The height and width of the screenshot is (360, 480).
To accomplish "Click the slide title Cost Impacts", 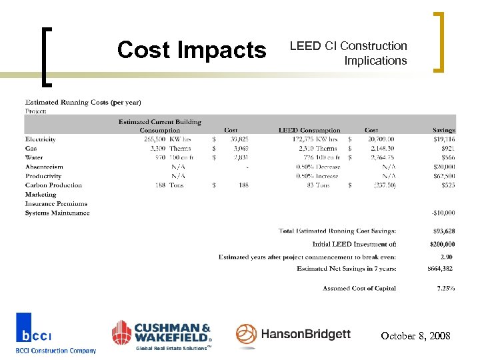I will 191,50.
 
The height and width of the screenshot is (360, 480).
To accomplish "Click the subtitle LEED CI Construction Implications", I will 348,53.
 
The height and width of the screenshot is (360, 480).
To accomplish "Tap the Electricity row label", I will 41,139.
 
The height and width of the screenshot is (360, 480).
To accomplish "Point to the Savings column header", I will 443,130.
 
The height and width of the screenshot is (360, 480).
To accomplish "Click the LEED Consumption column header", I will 309,130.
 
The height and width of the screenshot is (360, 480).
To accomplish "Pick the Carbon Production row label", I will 53,185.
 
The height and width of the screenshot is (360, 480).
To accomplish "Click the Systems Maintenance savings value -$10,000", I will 443,213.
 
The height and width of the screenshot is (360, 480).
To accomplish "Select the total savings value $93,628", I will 443,231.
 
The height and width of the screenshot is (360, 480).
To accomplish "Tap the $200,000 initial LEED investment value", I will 442,244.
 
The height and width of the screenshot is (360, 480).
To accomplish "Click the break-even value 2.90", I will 447,257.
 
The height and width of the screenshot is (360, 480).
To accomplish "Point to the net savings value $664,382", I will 441,269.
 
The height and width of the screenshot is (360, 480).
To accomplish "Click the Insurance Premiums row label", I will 56,203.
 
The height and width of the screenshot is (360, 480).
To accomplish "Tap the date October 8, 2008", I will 415,337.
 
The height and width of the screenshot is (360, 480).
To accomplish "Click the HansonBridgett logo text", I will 305,334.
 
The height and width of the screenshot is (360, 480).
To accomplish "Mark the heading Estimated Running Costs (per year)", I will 83,102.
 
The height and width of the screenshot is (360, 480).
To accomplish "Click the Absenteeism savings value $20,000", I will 443,167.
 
